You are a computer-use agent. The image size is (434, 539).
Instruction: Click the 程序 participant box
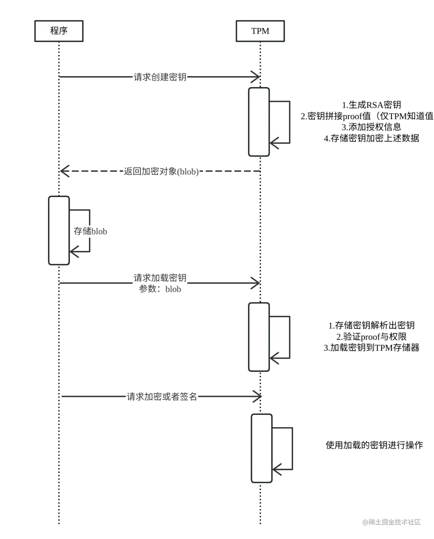tap(59, 31)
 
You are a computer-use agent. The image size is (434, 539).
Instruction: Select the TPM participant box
tap(260, 31)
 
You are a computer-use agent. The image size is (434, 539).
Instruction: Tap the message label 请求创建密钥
tap(160, 77)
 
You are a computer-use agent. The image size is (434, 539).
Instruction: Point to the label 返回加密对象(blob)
tap(161, 171)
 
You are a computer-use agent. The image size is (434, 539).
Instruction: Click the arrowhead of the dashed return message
tap(64, 171)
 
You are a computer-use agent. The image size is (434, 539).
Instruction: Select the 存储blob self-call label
tap(90, 231)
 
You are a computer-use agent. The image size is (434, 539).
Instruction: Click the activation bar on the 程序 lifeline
tap(59, 230)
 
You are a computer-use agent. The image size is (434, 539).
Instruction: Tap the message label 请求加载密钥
tap(160, 278)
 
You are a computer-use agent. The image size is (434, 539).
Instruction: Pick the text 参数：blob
tap(160, 289)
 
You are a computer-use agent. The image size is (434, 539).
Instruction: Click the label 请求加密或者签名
tap(162, 396)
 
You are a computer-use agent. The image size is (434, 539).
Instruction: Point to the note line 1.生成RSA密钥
tap(371, 105)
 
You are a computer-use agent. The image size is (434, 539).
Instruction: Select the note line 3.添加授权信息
tap(371, 127)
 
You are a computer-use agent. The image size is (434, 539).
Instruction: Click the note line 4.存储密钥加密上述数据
tap(371, 138)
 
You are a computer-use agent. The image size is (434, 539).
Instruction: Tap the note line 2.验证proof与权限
tap(371, 337)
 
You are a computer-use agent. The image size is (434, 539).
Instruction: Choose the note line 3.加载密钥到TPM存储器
tap(371, 347)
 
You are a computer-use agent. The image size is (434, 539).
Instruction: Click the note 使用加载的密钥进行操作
tap(374, 445)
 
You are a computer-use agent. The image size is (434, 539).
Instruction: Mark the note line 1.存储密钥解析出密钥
tap(371, 325)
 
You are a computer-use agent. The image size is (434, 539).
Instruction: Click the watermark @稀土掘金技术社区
tap(391, 522)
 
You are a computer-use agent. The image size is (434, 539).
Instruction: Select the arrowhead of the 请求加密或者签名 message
tap(258, 396)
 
